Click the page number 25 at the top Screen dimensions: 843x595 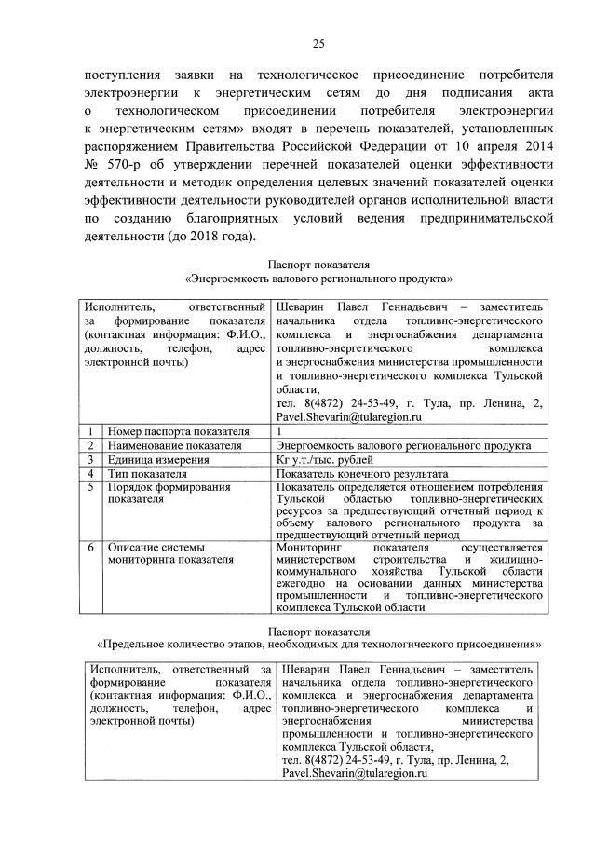pyautogui.click(x=318, y=44)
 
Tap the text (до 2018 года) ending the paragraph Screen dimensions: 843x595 pyautogui.click(x=205, y=237)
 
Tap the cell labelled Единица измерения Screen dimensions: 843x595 pyautogui.click(x=158, y=460)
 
